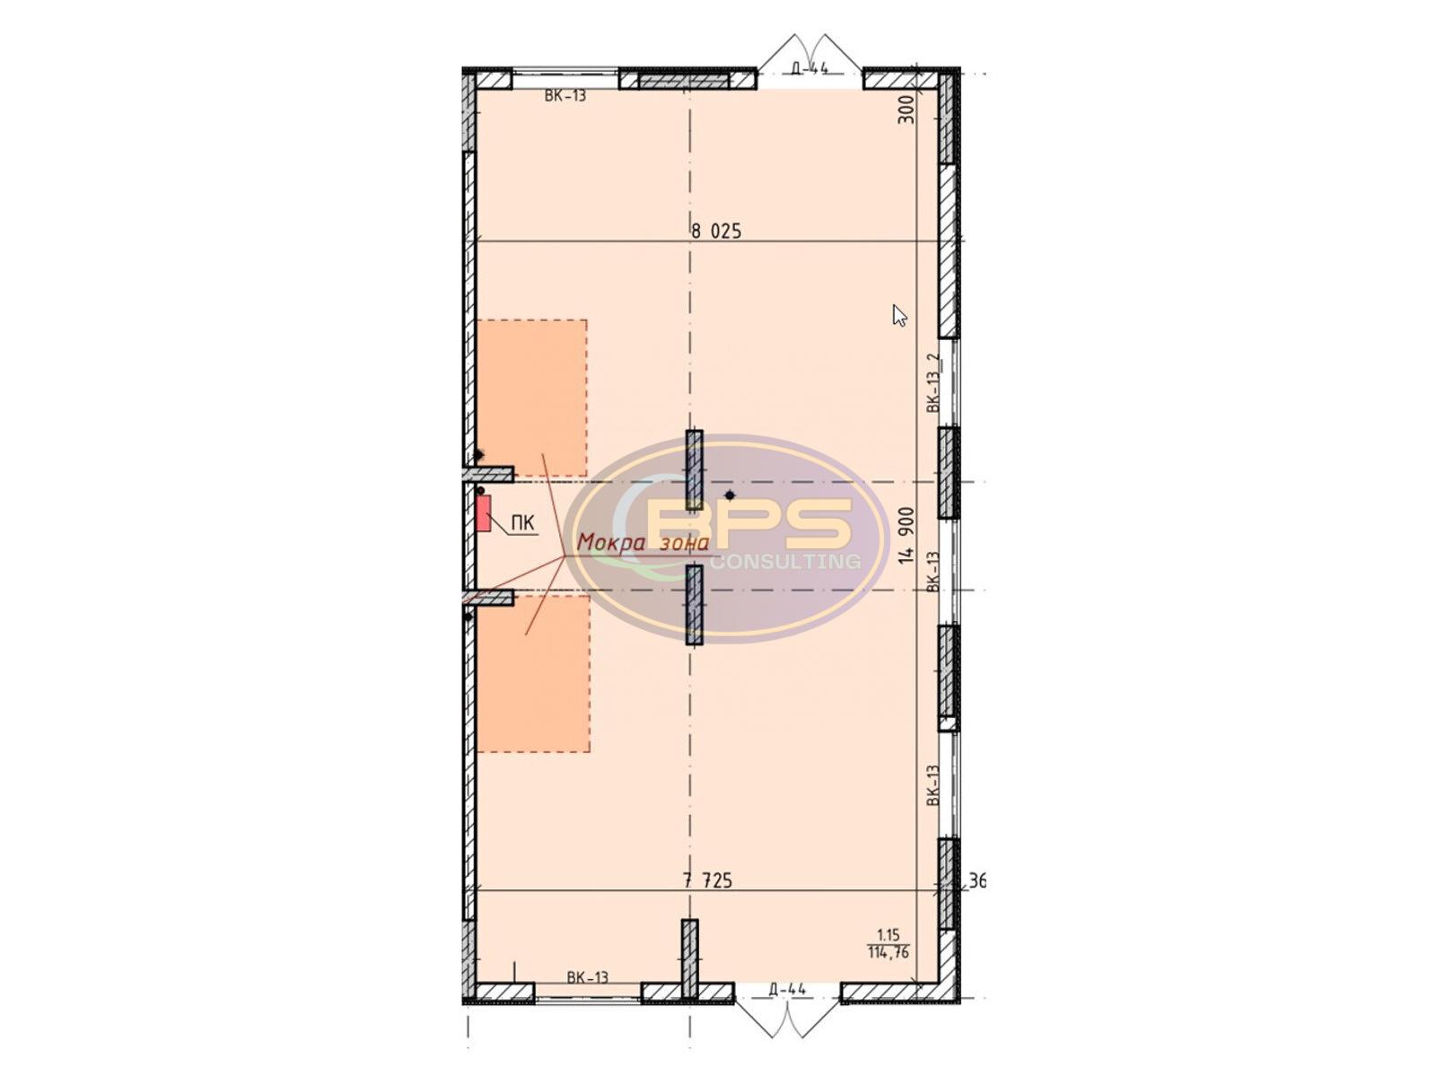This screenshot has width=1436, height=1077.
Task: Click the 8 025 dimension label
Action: (716, 231)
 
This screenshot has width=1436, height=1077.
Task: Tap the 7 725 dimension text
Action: (708, 880)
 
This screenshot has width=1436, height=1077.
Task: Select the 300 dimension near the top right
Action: (906, 109)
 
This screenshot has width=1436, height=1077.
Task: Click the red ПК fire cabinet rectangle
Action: (484, 512)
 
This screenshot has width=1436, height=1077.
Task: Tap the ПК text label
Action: (522, 522)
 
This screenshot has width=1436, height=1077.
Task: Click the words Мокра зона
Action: (644, 542)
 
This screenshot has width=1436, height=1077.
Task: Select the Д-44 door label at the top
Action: (810, 67)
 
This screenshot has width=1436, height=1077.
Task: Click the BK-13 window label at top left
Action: (565, 96)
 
